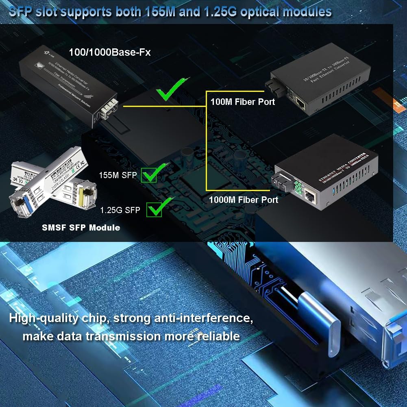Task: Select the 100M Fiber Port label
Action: [x=243, y=101]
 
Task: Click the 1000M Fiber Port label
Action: [x=244, y=199]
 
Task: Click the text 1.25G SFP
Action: [x=120, y=210]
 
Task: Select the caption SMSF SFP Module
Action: [x=81, y=228]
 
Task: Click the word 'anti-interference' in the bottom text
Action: [x=204, y=318]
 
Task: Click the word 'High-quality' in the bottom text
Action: [x=44, y=318]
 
